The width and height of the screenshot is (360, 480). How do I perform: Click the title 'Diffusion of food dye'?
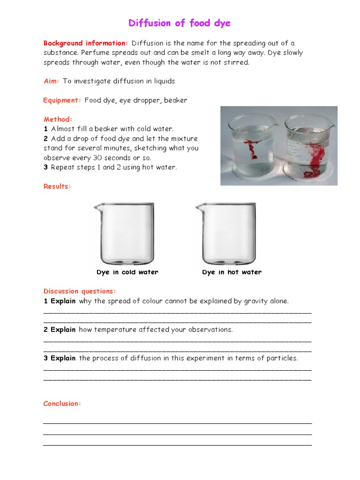point(180,23)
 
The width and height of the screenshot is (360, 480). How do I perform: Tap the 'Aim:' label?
point(51,81)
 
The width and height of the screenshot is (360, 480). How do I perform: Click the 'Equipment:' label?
point(62,100)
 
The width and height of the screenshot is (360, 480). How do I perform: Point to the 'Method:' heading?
point(58,120)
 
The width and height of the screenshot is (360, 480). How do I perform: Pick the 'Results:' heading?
point(57,186)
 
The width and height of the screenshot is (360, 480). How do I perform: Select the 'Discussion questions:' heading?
point(79,291)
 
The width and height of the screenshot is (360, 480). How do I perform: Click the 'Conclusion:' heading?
point(62,404)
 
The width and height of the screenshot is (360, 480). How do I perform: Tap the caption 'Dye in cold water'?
point(127,272)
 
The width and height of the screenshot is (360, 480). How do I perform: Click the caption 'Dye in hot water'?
point(232,272)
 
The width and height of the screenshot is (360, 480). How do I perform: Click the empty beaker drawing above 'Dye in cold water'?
point(125,233)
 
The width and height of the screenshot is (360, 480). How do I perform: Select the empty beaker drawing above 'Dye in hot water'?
point(227,233)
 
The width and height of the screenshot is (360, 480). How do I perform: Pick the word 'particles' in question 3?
point(281,359)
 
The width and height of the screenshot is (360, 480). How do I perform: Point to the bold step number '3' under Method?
point(46,167)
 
